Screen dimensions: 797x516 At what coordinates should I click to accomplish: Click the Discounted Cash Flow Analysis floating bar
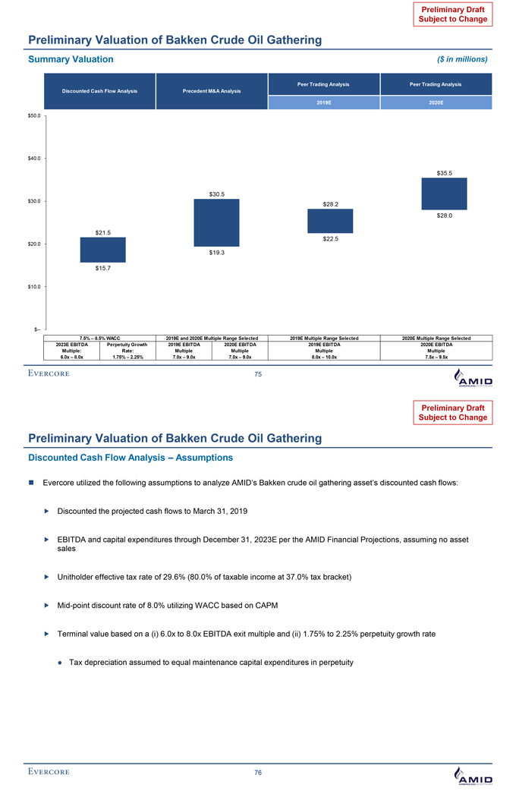(102, 250)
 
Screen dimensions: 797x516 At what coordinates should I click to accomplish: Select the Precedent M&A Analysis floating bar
(216, 222)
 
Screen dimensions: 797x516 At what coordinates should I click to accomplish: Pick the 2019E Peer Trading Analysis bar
(330, 221)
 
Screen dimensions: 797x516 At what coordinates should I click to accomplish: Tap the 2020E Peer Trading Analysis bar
(444, 194)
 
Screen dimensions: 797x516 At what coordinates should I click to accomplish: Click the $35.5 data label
(445, 173)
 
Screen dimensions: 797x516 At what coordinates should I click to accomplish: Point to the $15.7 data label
(102, 268)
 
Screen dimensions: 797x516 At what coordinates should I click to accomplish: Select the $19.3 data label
(216, 253)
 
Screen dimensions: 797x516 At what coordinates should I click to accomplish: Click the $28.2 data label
(330, 203)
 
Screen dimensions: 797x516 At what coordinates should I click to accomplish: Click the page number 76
(257, 772)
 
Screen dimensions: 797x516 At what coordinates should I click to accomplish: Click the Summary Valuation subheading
(71, 58)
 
